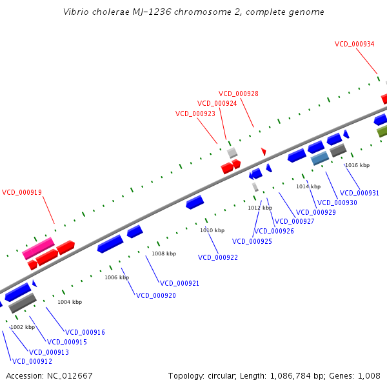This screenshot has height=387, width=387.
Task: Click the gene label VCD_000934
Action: [354, 44]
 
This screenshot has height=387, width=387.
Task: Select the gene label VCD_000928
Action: [238, 94]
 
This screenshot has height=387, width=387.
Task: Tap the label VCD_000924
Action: [217, 103]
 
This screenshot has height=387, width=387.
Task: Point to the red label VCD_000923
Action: [195, 114]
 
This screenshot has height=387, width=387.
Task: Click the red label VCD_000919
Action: [21, 192]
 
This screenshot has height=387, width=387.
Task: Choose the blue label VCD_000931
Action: [359, 193]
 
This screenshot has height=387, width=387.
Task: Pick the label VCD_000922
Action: [218, 257]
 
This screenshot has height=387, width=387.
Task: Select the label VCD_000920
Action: [155, 295]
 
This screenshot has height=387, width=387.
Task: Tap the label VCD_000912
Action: [32, 361]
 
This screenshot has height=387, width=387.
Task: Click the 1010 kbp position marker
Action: [212, 230]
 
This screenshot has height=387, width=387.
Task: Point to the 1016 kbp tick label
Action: [357, 166]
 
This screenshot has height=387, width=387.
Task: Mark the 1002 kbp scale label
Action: [23, 327]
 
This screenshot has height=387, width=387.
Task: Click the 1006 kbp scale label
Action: [117, 277]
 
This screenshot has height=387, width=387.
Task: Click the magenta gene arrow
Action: [38, 248]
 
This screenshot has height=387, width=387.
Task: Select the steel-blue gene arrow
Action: [320, 158]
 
